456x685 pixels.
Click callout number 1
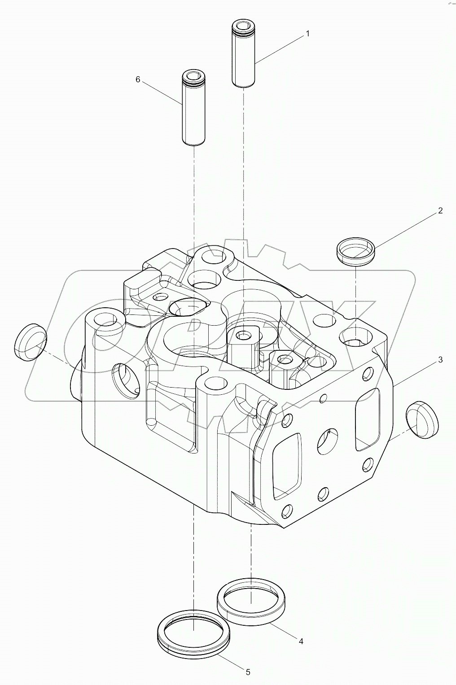click(307, 34)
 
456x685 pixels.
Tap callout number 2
click(440, 210)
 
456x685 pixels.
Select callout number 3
click(440, 359)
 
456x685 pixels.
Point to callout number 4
click(301, 641)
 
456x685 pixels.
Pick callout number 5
click(247, 672)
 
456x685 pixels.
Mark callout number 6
click(138, 79)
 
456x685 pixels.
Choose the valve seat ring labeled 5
click(194, 630)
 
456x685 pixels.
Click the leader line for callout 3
click(415, 371)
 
